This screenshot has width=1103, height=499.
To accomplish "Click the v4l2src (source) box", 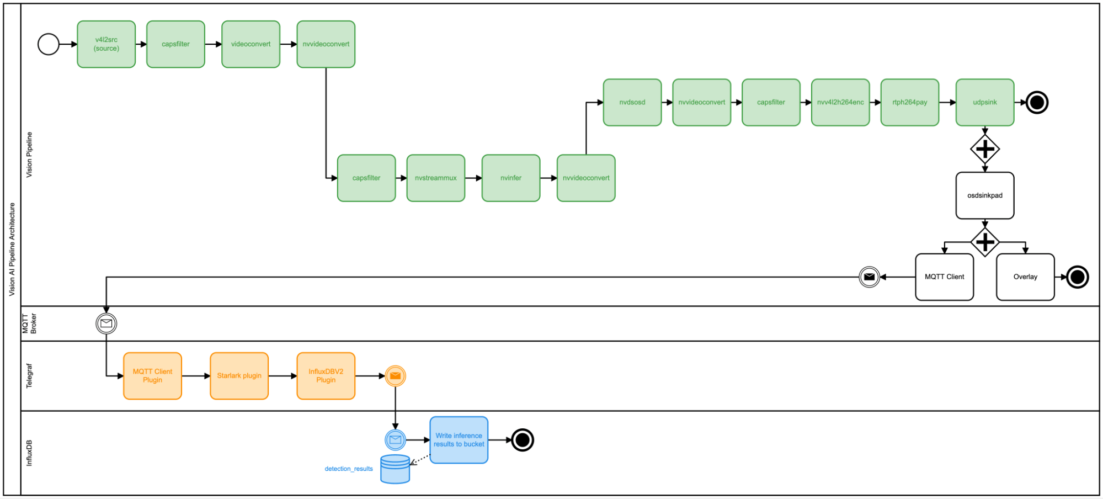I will [106, 44].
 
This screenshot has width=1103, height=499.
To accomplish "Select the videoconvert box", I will [251, 44].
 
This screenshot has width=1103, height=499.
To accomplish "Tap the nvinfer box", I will [510, 178].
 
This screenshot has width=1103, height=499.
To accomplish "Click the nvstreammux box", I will [435, 178].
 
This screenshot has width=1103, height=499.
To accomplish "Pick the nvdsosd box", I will [632, 102].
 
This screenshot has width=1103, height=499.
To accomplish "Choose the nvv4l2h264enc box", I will [840, 102].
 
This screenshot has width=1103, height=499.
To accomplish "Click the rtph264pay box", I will [909, 102].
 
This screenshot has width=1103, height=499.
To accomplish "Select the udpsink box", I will [984, 102].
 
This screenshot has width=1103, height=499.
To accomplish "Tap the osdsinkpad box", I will [984, 195].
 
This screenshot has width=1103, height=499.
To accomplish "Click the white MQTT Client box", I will [944, 277].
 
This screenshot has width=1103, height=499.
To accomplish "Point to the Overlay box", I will [1025, 277].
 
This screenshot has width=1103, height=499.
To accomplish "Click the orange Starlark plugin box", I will [239, 375].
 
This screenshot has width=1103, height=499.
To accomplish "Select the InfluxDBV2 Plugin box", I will [326, 375].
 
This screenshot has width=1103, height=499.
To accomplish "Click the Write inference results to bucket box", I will [459, 439].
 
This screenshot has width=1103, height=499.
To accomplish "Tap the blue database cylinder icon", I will [395, 469].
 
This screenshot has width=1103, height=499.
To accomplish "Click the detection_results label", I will [349, 469].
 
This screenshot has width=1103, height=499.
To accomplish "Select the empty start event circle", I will [49, 44].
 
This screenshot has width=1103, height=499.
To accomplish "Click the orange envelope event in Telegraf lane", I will [395, 375].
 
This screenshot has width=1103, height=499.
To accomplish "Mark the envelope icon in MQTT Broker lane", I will [106, 323].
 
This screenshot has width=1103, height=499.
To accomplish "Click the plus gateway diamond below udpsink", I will [984, 148].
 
